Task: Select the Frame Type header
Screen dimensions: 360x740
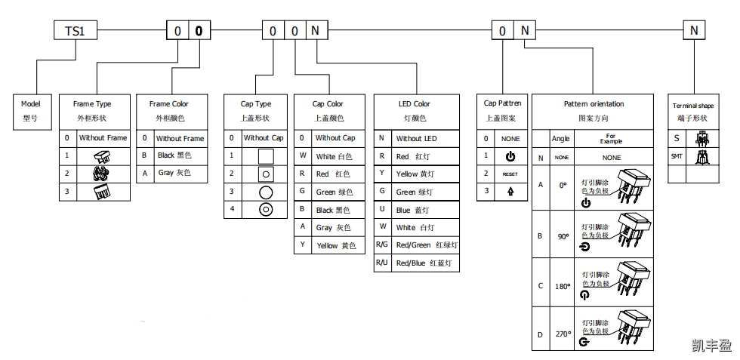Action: [92, 110]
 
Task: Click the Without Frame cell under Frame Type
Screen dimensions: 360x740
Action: [103, 138]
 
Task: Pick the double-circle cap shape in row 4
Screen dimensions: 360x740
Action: [266, 210]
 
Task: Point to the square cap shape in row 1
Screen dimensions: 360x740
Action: [266, 157]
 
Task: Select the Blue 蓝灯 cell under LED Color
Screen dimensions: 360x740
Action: [413, 210]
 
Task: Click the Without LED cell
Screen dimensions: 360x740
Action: [416, 138]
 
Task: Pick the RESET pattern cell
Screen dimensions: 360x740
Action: [510, 174]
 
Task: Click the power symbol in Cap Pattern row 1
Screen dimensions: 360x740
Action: [510, 156]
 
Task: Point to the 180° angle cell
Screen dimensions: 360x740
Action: [563, 286]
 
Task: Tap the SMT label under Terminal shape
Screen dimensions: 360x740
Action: [677, 157]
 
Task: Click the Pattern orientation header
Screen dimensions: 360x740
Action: [594, 110]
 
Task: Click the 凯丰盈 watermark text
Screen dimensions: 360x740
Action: [711, 346]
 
